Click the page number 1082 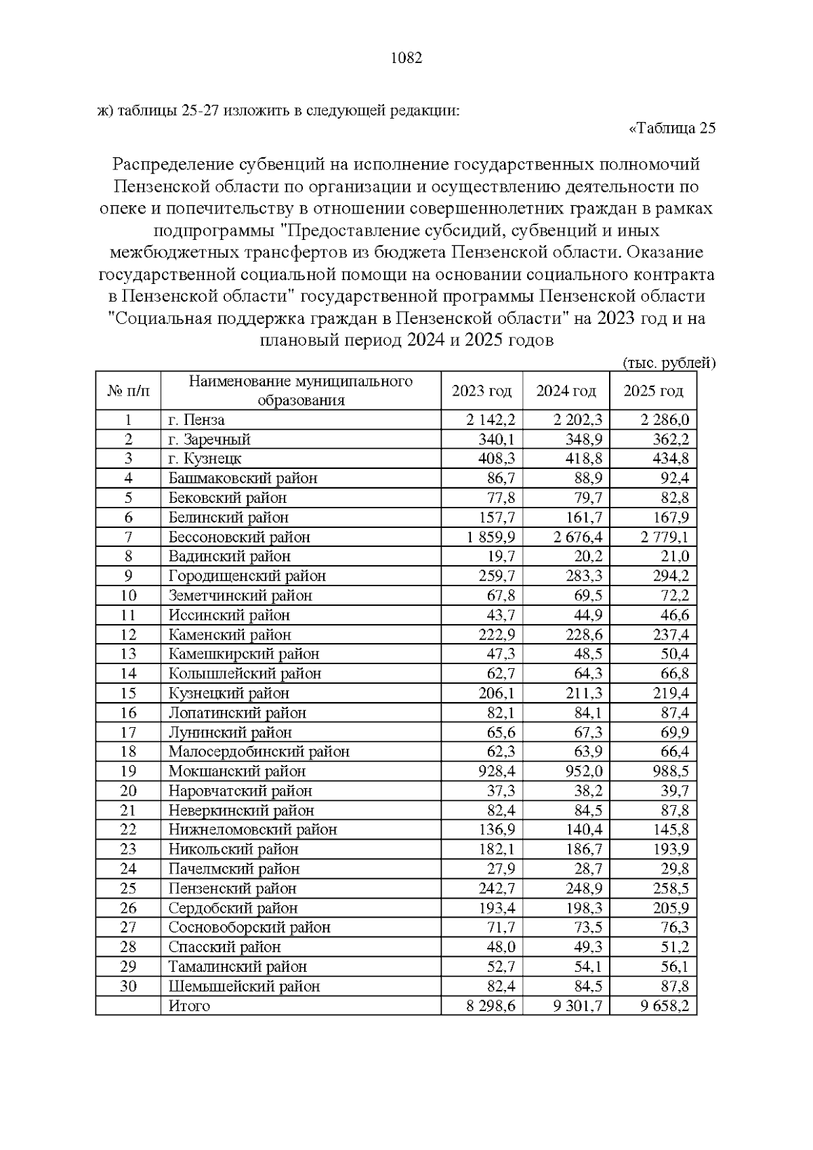(406, 58)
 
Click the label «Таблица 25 (672, 128)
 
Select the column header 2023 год (482, 391)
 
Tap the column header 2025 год (653, 391)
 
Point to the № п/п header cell (128, 391)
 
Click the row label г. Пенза (196, 419)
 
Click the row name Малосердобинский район (259, 752)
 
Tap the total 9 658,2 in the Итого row (665, 1006)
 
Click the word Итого (189, 1006)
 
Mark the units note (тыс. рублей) (668, 363)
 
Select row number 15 (128, 693)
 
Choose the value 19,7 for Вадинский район (502, 556)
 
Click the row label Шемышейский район (244, 986)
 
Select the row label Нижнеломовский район (252, 829)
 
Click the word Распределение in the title (173, 165)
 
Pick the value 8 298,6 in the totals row (491, 1006)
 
